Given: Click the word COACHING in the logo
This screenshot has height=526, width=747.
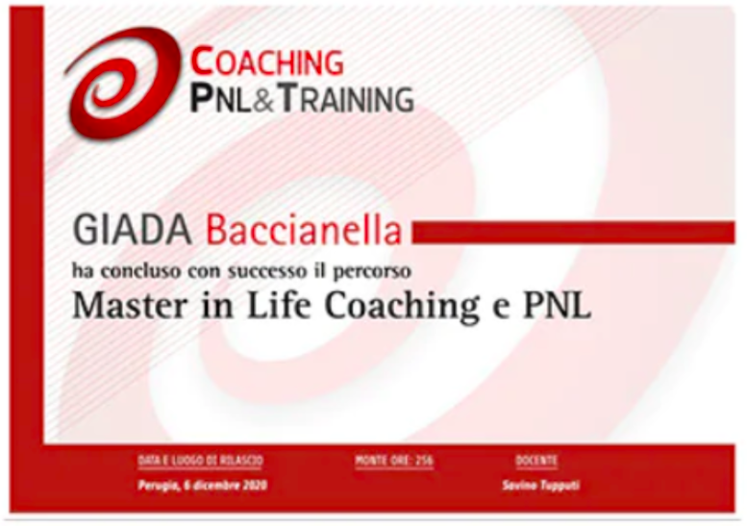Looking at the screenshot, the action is click(x=267, y=61).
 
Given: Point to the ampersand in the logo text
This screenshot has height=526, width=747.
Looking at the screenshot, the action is click(x=262, y=99).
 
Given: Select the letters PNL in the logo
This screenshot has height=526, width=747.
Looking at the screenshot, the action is click(x=220, y=99).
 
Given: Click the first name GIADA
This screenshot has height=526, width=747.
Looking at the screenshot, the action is click(x=133, y=231).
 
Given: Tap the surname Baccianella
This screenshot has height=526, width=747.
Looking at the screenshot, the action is click(x=304, y=231).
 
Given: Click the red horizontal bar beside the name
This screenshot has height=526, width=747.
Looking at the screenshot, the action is click(x=573, y=232).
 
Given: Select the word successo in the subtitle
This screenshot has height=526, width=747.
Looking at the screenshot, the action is click(x=267, y=271).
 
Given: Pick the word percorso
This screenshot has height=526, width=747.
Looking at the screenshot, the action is click(x=372, y=271).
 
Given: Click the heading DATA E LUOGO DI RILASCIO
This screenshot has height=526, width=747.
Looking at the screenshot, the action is click(x=201, y=461).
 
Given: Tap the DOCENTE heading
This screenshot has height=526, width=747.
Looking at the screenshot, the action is click(x=535, y=461).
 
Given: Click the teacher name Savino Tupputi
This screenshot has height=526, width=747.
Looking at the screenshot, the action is click(x=540, y=486).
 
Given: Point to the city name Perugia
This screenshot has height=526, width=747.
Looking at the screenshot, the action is click(x=159, y=486).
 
